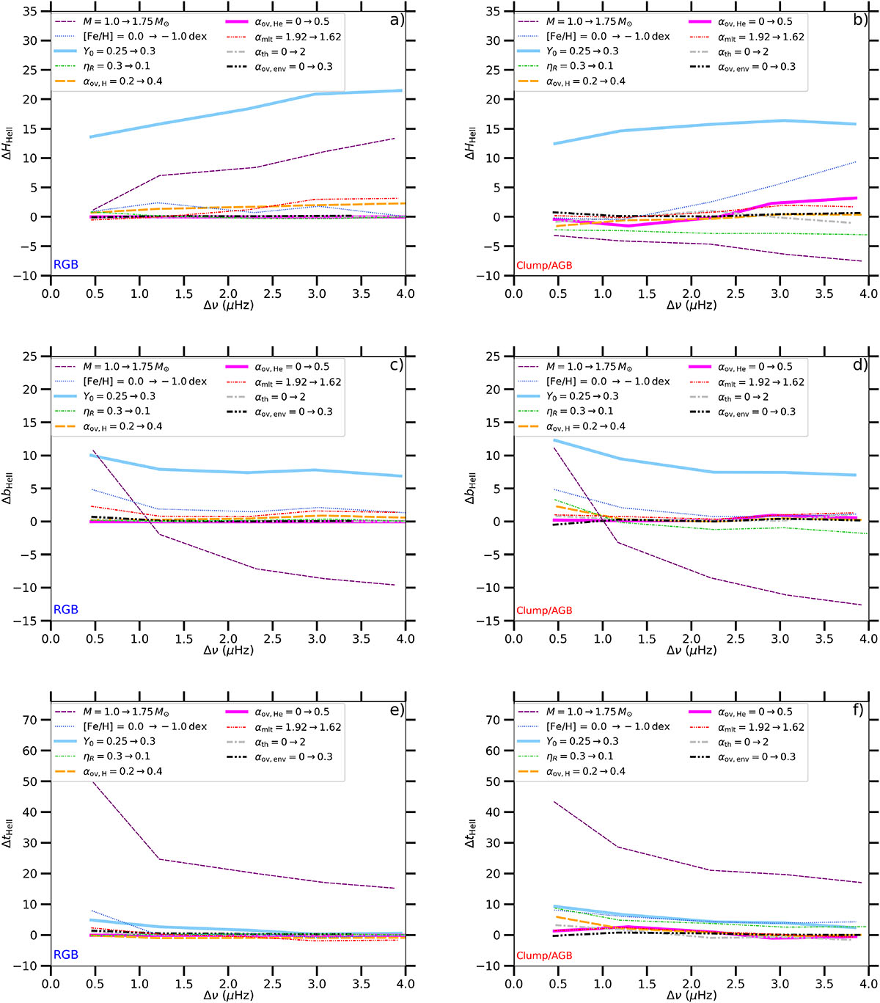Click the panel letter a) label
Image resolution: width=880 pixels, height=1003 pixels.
[x=397, y=20]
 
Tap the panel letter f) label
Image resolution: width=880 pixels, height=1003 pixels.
[x=859, y=710]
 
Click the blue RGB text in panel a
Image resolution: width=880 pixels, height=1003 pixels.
[x=65, y=265]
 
